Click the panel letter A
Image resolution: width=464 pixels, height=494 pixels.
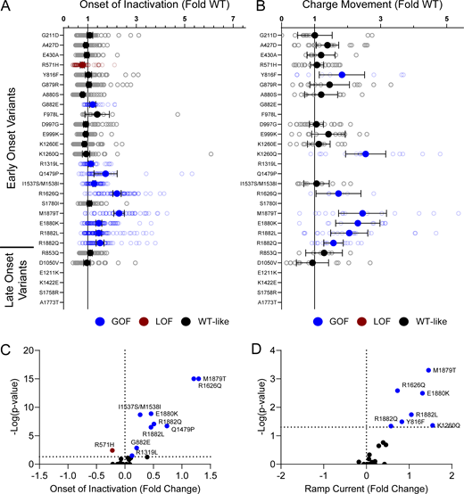tap(6, 6)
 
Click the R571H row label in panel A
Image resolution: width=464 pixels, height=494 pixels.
tap(50, 65)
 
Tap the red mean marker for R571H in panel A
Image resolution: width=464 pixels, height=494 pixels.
tap(82, 65)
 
